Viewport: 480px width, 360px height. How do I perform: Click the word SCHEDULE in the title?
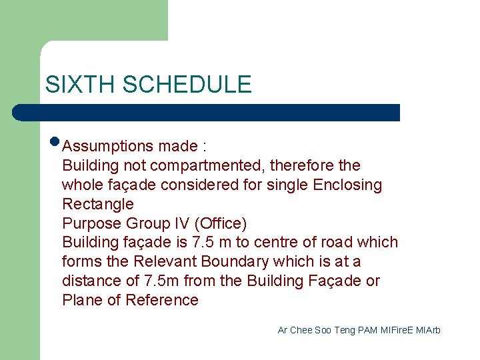(187, 84)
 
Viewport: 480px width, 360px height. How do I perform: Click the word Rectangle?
(98, 204)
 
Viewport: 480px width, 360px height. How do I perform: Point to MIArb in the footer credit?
(428, 330)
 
